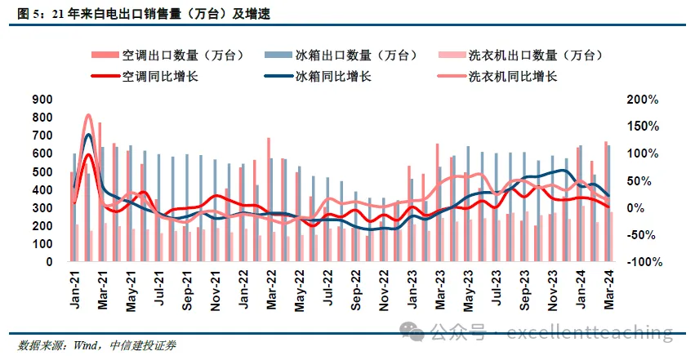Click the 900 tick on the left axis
(x=42, y=100)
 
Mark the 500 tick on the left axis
(x=42, y=171)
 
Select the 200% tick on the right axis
(x=644, y=100)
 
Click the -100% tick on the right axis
(x=642, y=262)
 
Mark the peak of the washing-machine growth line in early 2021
(x=88, y=116)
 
